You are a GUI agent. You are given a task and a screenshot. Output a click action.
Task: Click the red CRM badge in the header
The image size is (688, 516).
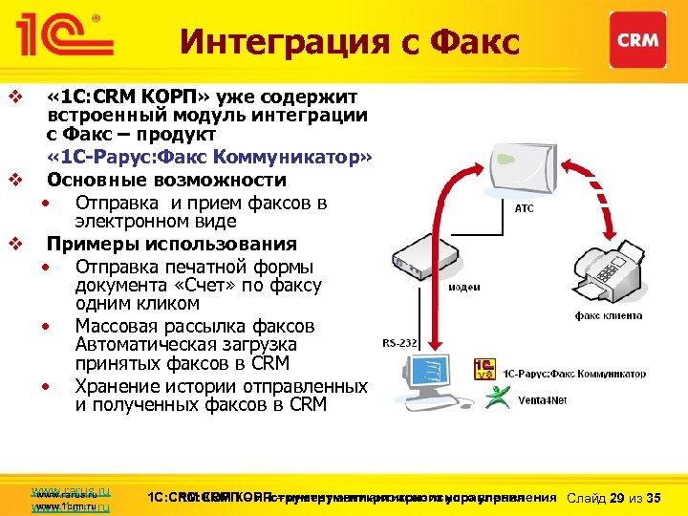pyautogui.click(x=637, y=41)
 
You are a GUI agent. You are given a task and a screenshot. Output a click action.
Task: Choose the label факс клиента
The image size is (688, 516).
pyautogui.click(x=608, y=315)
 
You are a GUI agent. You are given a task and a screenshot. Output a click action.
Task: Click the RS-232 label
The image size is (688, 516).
pyautogui.click(x=398, y=341)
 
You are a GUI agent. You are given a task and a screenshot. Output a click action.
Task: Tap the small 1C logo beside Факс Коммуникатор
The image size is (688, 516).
pyautogui.click(x=485, y=370)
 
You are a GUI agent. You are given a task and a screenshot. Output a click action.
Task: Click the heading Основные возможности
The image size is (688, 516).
pyautogui.click(x=166, y=181)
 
